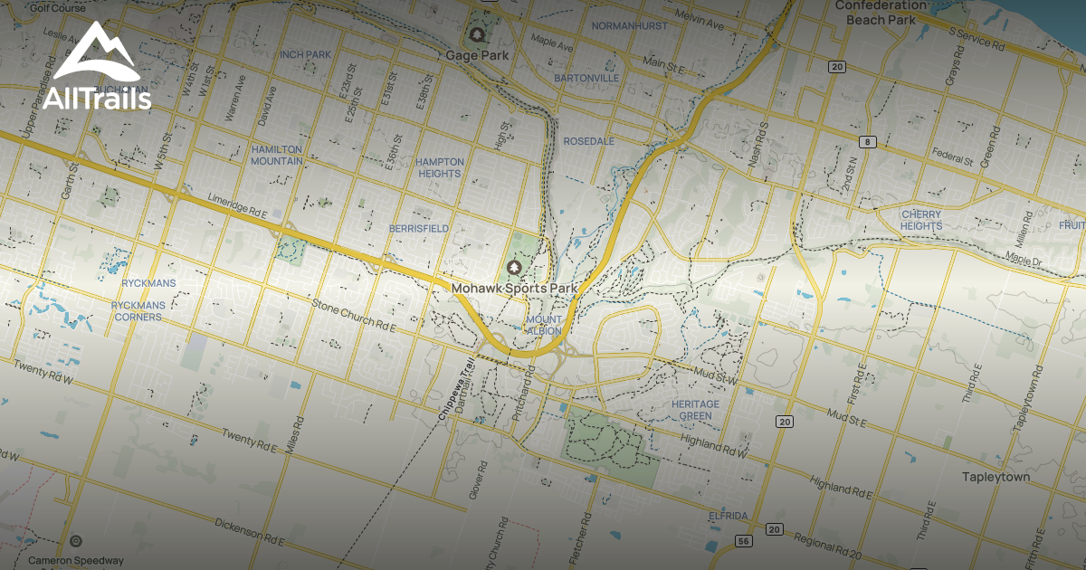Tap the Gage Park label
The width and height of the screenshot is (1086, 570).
point(477,55)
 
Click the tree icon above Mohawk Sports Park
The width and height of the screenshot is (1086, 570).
point(515,268)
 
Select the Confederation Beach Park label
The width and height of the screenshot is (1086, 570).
point(880,12)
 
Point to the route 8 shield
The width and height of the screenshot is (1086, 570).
point(869,141)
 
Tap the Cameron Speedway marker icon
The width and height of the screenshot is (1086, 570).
point(76,542)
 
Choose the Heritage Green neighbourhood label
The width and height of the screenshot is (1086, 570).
point(696,410)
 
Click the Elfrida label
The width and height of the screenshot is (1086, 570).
point(728,516)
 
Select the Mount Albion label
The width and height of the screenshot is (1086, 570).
point(543,325)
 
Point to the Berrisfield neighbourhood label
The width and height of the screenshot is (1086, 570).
point(419,229)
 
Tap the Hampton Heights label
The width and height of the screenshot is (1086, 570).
point(440,167)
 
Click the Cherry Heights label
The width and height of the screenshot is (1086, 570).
point(921,220)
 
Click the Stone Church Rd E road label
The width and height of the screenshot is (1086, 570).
point(354,315)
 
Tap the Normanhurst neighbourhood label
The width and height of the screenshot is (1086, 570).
point(629,26)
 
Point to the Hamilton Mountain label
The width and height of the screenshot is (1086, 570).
point(277,155)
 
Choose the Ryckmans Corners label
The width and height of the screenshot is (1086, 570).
point(138,311)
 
